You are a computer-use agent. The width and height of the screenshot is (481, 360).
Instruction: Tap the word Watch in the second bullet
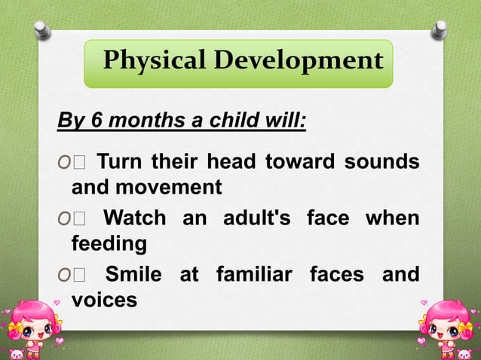[134, 218]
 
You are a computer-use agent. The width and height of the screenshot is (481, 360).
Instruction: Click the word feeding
[109, 244]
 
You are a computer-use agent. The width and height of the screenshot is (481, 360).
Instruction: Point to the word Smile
[133, 275]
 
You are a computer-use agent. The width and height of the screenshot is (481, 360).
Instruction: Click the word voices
[104, 301]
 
